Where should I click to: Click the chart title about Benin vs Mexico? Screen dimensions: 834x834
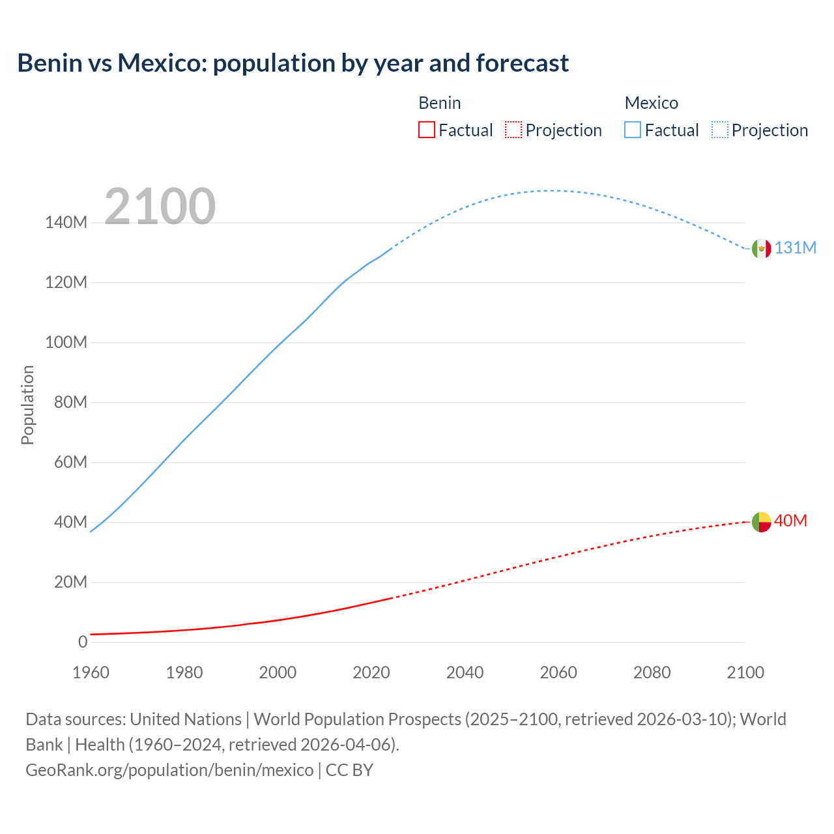[x=293, y=63]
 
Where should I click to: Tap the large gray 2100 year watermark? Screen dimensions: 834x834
[x=160, y=207]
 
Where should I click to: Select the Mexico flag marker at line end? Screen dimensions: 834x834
[x=761, y=248]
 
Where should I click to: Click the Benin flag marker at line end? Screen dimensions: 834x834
[x=761, y=522]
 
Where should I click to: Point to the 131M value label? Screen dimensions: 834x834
[x=795, y=248]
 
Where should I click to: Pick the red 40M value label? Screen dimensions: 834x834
[x=790, y=521]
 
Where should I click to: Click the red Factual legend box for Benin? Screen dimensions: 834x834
[x=426, y=130]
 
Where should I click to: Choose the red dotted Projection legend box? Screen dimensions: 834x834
[x=513, y=130]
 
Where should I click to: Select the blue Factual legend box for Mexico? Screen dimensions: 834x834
[x=632, y=130]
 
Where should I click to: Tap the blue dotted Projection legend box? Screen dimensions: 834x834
[x=719, y=130]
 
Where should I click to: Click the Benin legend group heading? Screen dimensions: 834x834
[x=439, y=103]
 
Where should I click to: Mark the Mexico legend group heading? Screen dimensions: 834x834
[x=651, y=103]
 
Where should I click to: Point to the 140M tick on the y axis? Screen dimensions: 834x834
[x=66, y=223]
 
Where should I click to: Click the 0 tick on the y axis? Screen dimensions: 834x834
[x=82, y=642]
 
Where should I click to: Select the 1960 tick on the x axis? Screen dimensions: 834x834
[x=91, y=672]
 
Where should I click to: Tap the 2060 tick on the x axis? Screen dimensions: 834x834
[x=558, y=672]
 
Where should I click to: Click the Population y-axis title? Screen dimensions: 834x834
[x=27, y=405]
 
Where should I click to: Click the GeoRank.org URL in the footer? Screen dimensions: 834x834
[x=169, y=770]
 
